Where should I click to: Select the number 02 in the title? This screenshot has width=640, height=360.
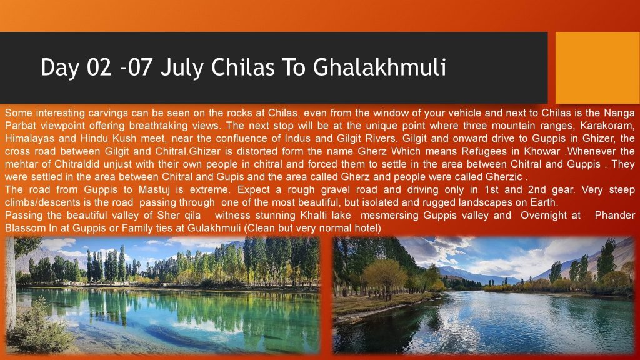coord(99,67)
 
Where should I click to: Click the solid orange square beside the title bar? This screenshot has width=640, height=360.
coord(597,67)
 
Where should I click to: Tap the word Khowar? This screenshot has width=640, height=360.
coord(542,151)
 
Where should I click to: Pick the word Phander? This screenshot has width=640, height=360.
coord(615,216)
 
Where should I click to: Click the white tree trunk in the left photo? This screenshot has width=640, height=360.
coord(11,286)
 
